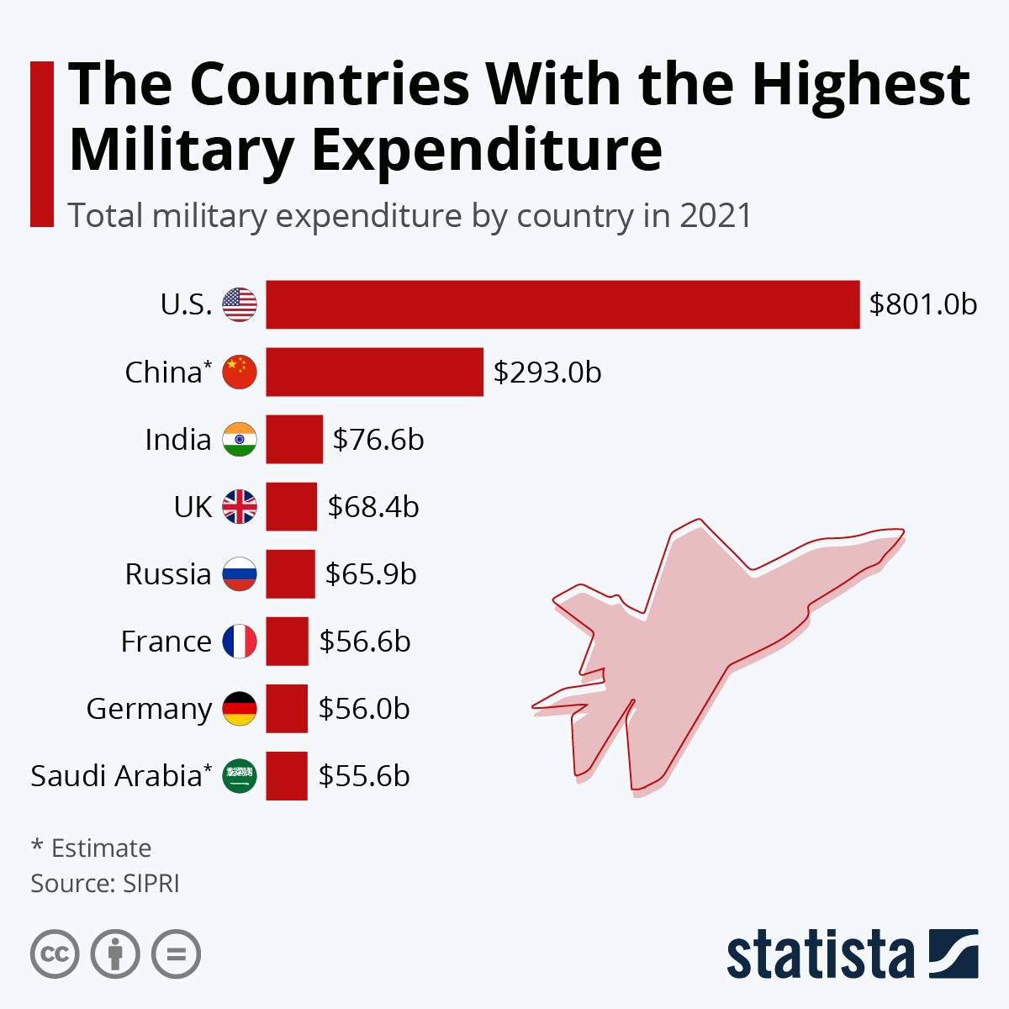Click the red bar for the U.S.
tap(563, 304)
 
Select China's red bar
tap(374, 372)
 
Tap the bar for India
tap(294, 439)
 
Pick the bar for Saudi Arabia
tap(287, 775)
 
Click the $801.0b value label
tap(923, 304)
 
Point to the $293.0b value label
tap(547, 372)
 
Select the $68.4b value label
tap(373, 506)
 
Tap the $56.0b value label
tap(364, 708)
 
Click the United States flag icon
tap(240, 304)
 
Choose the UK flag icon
tap(240, 506)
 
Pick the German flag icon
tap(240, 708)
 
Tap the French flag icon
tap(240, 641)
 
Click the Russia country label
tap(168, 573)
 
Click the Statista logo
tap(852, 954)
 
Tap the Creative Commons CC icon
tap(55, 954)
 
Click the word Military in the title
tap(181, 150)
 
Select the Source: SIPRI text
tap(105, 884)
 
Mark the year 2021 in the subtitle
tap(716, 216)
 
